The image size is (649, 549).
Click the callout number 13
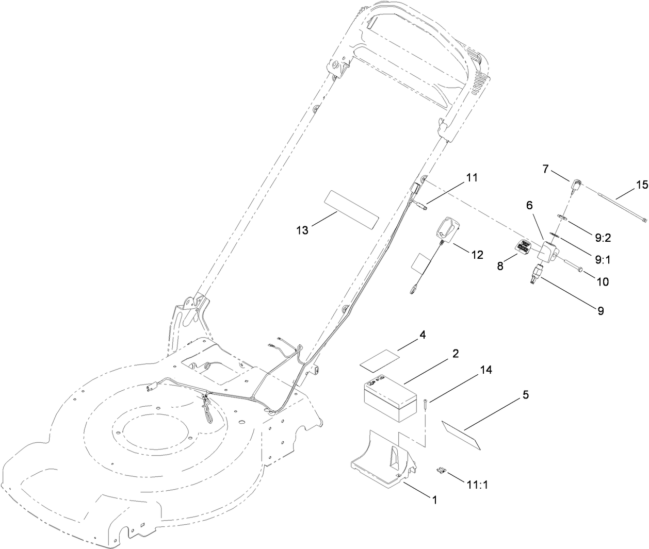[302, 230]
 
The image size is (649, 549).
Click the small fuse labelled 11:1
[442, 469]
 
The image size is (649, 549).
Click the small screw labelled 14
[424, 405]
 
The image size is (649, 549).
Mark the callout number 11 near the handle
[472, 178]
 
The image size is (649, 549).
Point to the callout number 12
[477, 254]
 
